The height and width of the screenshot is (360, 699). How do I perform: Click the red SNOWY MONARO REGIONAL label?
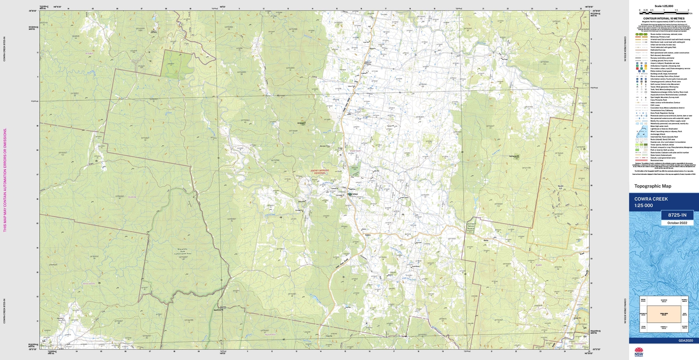pos(318,172)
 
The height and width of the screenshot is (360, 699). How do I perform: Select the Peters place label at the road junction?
pos(367,235)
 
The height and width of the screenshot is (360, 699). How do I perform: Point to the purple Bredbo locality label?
pos(89,54)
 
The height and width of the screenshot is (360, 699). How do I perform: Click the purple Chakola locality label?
pos(132,197)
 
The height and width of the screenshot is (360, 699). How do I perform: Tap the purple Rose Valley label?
pos(89,284)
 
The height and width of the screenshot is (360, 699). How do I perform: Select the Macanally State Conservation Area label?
pos(183,252)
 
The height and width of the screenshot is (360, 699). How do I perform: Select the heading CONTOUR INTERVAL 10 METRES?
pos(664,19)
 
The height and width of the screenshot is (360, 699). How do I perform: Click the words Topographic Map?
pos(652,186)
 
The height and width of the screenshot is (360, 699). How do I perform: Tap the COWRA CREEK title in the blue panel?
pos(651,199)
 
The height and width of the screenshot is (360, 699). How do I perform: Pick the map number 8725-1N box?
pos(677,215)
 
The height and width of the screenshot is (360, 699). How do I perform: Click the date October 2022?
pos(677,223)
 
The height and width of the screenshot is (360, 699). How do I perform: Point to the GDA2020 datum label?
pos(685,341)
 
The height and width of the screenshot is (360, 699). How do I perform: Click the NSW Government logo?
pos(639,352)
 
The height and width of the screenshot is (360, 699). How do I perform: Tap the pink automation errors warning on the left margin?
pos(5,180)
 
